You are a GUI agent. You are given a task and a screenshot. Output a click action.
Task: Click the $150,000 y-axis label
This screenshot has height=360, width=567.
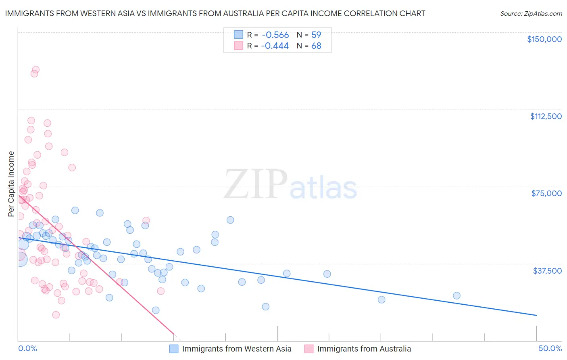point(544,39)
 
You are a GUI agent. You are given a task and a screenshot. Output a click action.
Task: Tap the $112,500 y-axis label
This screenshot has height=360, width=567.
point(546,116)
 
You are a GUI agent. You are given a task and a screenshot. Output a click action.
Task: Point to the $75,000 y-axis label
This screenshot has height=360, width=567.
point(546,193)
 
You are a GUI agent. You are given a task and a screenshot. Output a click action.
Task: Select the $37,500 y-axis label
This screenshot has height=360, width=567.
point(547,271)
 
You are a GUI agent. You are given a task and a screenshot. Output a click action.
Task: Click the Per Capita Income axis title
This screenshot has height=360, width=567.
point(11,184)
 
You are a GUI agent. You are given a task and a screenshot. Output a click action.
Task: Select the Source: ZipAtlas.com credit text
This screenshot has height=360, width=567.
point(531,14)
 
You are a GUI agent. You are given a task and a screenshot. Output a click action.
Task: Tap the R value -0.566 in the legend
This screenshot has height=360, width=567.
point(275,35)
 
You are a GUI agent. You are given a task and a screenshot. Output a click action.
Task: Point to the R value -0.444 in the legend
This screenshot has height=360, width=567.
point(275,46)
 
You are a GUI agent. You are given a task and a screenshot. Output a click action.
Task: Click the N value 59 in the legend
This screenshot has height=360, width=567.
point(316,35)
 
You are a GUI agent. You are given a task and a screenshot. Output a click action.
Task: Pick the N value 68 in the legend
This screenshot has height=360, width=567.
point(316,46)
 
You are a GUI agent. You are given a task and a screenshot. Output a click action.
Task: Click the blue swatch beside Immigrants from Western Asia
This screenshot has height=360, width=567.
point(174,349)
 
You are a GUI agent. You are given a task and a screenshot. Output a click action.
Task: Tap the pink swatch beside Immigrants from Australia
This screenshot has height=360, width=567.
point(309,349)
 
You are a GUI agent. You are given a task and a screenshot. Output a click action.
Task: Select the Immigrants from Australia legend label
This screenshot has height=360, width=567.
point(364,349)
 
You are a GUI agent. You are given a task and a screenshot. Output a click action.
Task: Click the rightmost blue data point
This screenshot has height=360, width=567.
point(457,295)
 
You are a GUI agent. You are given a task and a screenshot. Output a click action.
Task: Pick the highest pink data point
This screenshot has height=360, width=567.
point(35,70)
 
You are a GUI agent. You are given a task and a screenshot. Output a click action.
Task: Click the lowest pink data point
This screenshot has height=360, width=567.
point(56,315)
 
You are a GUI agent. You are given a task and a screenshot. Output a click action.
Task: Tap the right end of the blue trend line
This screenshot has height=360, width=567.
point(536,315)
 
